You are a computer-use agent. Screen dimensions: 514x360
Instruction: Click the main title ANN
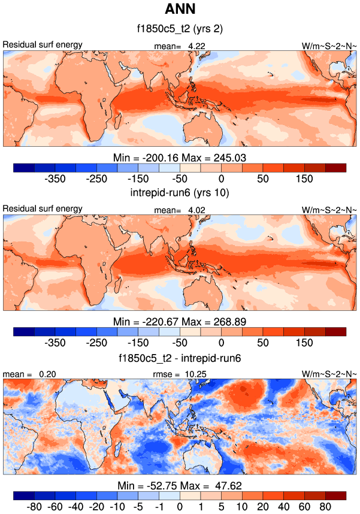pyautogui.click(x=180, y=10)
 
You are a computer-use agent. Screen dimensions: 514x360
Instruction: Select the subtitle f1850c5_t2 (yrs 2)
pyautogui.click(x=180, y=28)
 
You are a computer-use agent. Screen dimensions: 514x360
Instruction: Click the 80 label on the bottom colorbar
pyautogui.click(x=325, y=507)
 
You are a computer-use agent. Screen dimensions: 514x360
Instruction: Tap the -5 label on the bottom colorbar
pyautogui.click(x=138, y=507)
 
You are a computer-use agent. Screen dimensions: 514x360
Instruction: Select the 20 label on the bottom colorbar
pyautogui.click(x=263, y=507)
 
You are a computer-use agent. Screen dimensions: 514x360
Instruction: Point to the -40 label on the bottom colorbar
pyautogui.click(x=76, y=507)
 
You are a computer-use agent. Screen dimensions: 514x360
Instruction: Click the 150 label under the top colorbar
pyautogui.click(x=304, y=179)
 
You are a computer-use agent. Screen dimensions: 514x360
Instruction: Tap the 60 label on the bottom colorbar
pyautogui.click(x=304, y=507)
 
